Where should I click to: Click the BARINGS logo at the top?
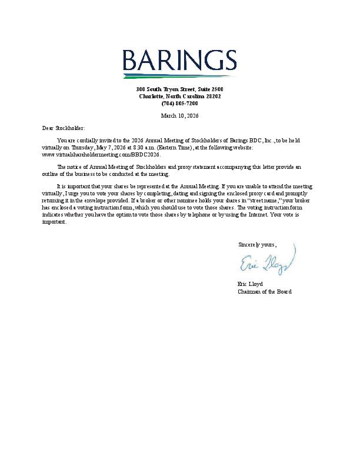coord(179,61)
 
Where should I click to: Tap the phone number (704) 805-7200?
coord(179,103)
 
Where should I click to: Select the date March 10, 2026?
coord(179,115)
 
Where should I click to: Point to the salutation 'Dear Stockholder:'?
coord(64,128)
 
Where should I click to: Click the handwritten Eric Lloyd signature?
coord(267,263)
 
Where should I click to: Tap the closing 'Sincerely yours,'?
coord(256,244)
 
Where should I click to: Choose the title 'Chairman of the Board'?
coord(264,291)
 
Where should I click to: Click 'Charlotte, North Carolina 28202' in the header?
coord(179,96)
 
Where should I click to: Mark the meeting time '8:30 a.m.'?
coord(144,148)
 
